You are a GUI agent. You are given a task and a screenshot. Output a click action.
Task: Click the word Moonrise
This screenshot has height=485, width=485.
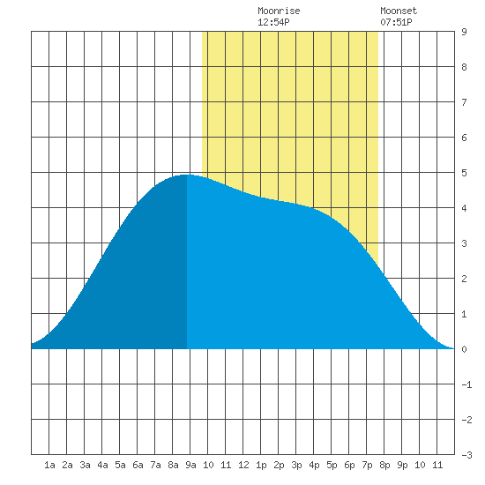pos(279,11)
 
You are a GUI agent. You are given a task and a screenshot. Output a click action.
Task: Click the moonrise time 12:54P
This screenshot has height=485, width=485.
pos(273,22)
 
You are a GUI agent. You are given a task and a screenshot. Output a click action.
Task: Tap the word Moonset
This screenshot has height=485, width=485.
pos(399,11)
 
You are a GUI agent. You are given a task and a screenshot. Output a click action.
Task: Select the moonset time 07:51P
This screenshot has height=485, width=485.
pos(396,22)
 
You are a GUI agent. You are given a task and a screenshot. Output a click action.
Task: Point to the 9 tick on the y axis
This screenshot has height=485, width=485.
pos(464,32)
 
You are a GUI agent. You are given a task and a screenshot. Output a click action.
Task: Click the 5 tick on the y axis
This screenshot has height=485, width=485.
pos(464,173)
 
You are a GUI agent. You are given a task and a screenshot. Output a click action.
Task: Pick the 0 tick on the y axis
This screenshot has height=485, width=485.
pos(464,349)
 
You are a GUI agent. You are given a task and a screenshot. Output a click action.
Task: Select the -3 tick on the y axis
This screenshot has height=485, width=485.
pos(466,455)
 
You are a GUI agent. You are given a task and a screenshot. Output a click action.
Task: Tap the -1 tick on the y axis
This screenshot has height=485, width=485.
pos(466,384)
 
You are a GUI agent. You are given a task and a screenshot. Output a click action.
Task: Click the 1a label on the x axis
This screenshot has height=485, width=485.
pos(49,465)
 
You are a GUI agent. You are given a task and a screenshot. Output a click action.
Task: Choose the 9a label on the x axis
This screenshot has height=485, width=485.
pos(190,465)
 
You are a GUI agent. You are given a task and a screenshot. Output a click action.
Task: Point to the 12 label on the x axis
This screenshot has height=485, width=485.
pos(243,465)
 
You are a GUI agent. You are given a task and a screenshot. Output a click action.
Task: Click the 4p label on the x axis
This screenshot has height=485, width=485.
pos(314,465)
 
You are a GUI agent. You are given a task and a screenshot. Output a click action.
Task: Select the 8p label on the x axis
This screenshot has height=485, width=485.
pos(384,465)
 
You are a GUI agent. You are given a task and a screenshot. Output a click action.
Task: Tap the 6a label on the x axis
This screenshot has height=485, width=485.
pos(138,465)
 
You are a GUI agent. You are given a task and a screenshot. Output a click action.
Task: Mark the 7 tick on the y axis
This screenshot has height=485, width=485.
pos(464,102)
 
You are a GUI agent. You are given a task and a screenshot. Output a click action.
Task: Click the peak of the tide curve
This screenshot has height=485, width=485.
pos(186,175)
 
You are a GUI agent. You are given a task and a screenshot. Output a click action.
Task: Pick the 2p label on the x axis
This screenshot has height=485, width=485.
pos(279,465)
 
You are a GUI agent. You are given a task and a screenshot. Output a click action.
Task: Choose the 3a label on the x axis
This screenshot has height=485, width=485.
pos(85,465)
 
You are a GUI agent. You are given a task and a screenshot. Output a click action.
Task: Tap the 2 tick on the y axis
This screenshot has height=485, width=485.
pos(464,279)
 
